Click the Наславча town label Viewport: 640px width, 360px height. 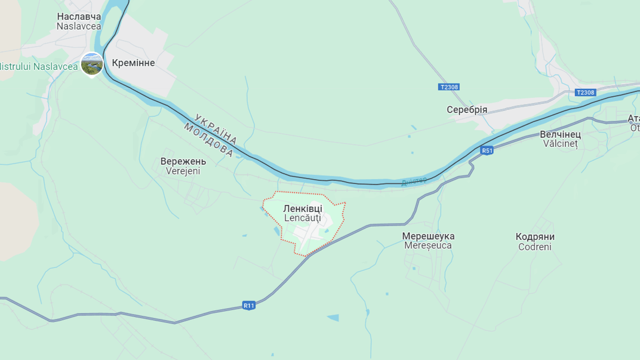pyautogui.click(x=79, y=16)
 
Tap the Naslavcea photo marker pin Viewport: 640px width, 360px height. pyautogui.click(x=92, y=64)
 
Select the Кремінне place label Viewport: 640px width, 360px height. pyautogui.click(x=133, y=63)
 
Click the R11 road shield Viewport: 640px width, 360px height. pyautogui.click(x=249, y=306)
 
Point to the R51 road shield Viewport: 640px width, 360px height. pyautogui.click(x=487, y=150)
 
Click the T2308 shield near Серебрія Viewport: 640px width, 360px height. pyautogui.click(x=449, y=87)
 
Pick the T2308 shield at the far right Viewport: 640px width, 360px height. pyautogui.click(x=586, y=93)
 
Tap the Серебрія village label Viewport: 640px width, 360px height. pyautogui.click(x=467, y=110)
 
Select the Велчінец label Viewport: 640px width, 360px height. pyautogui.click(x=560, y=134)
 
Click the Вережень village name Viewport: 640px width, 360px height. pyautogui.click(x=183, y=161)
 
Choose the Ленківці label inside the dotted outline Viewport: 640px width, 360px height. pyautogui.click(x=303, y=208)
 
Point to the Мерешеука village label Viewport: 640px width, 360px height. pyautogui.click(x=428, y=236)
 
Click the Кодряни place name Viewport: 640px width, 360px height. pyautogui.click(x=535, y=236)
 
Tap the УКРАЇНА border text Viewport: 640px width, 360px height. pyautogui.click(x=216, y=128)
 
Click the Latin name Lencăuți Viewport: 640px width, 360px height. pyautogui.click(x=303, y=219)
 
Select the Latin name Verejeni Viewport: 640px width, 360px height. pyautogui.click(x=183, y=171)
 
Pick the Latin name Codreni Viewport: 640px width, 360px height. pyautogui.click(x=535, y=247)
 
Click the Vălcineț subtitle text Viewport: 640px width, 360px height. pyautogui.click(x=560, y=144)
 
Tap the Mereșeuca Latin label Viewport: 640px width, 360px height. pyautogui.click(x=428, y=245)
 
